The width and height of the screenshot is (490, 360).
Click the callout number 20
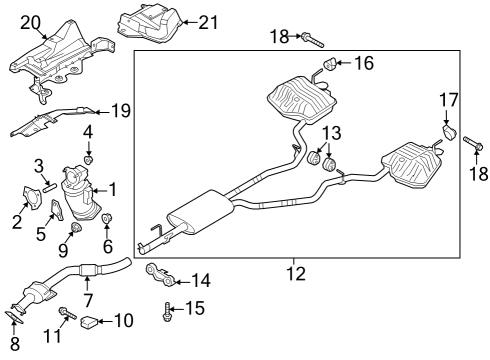coord(31,21)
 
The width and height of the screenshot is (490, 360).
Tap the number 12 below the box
coord(293,269)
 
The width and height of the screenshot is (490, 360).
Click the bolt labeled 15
coord(166,312)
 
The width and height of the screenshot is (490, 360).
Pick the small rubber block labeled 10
coord(89,321)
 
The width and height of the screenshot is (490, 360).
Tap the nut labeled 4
coord(89,158)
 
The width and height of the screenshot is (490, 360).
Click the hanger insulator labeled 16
coord(325,67)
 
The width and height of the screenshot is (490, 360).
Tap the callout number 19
coord(119,112)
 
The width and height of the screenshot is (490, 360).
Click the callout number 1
coord(113,187)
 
